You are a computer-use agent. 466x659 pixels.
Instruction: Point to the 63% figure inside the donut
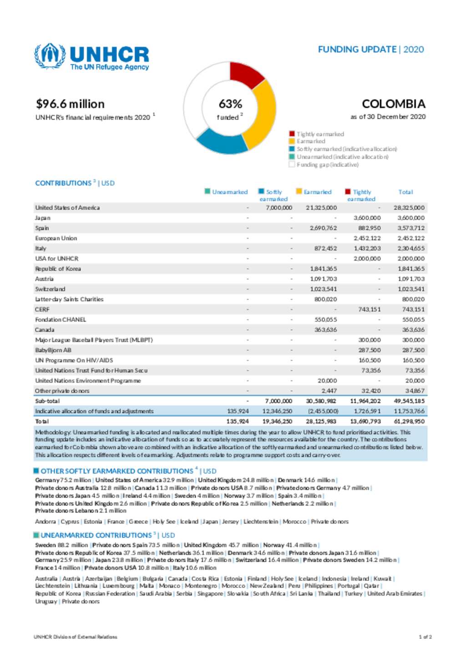(x=230, y=104)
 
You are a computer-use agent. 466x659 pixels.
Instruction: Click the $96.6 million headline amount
(x=70, y=104)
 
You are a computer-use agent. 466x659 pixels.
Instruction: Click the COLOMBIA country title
(x=393, y=104)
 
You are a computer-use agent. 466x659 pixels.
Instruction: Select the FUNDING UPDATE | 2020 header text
(x=370, y=50)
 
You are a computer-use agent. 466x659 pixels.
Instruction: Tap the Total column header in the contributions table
(x=405, y=192)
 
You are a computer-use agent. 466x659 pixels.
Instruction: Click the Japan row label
(x=43, y=218)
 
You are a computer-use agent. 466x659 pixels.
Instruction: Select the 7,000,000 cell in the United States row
(x=279, y=208)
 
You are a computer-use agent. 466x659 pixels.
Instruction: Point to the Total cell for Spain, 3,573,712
(x=410, y=228)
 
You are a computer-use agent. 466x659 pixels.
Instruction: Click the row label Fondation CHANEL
(x=61, y=320)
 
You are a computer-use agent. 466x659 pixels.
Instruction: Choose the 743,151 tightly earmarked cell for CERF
(x=369, y=310)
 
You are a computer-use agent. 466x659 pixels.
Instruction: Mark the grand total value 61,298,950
(x=409, y=422)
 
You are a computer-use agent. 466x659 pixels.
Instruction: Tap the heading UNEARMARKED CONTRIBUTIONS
(x=96, y=535)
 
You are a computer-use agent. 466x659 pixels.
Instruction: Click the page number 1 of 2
(x=425, y=637)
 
